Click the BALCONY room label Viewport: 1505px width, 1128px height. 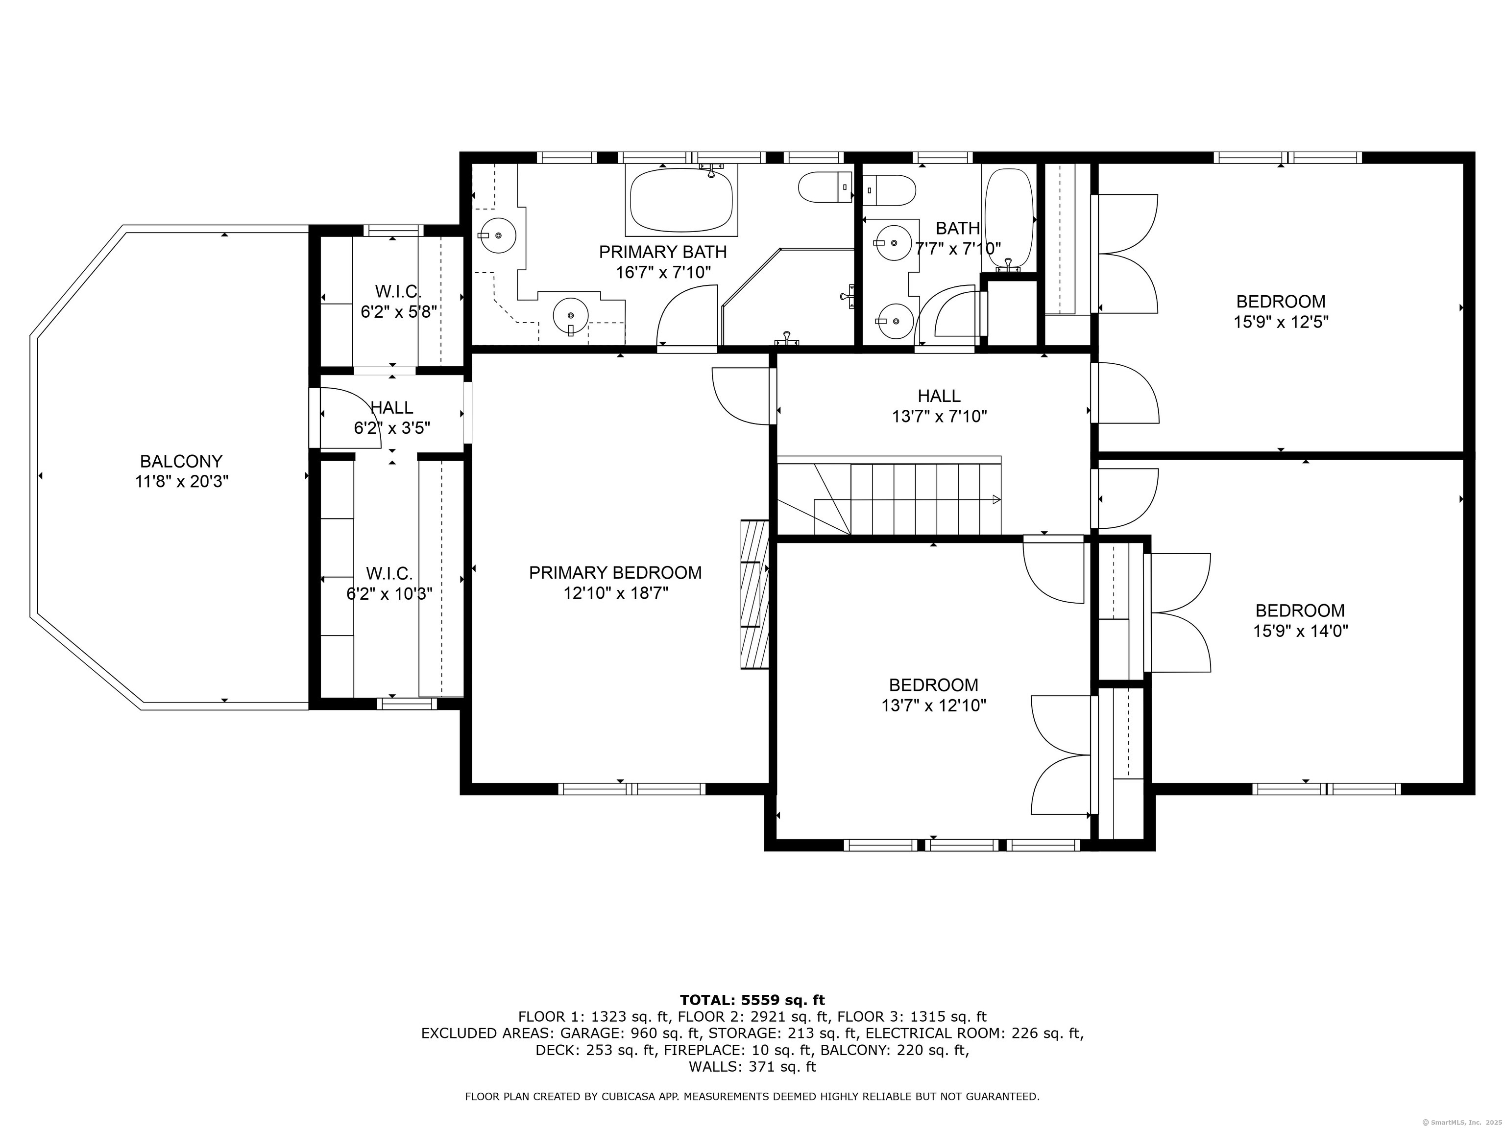(181, 462)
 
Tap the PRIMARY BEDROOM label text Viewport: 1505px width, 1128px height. (615, 572)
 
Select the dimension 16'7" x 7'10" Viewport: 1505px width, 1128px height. (663, 273)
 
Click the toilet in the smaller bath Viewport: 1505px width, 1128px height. (889, 190)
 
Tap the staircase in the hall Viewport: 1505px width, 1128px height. (889, 499)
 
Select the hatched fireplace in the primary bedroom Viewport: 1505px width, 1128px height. (754, 594)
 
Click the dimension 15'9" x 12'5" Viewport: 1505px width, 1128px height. (1281, 322)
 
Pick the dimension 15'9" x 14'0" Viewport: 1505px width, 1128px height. (1300, 631)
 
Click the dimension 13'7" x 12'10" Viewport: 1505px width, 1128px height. (933, 706)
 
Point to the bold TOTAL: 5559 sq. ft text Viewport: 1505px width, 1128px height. (752, 1000)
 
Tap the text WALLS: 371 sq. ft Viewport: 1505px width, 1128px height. (752, 1066)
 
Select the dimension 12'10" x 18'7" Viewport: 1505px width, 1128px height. (615, 593)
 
